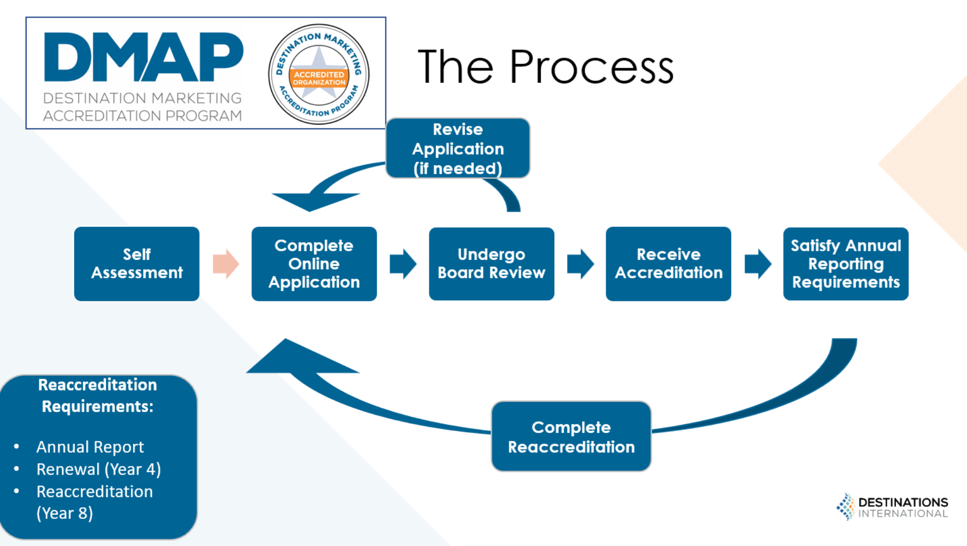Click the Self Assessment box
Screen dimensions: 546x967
click(136, 264)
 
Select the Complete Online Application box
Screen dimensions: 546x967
click(314, 264)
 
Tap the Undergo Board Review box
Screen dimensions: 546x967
click(491, 264)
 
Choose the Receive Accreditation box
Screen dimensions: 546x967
click(668, 264)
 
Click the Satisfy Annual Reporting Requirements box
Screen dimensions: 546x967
click(845, 264)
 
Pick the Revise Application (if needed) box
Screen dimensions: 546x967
click(457, 148)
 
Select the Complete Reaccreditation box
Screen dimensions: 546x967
click(571, 436)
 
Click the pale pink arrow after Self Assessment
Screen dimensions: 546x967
click(226, 264)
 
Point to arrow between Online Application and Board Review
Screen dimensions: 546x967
click(403, 264)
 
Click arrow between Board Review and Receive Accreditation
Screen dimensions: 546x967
click(580, 264)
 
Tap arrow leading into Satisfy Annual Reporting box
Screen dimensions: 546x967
click(757, 264)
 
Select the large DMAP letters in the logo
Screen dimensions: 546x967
click(143, 57)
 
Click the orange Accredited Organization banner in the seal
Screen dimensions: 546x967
click(319, 78)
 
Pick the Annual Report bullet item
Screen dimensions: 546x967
click(90, 447)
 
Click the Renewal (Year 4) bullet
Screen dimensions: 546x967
click(98, 469)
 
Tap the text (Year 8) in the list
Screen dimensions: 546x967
click(65, 513)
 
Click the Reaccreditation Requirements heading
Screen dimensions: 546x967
click(98, 395)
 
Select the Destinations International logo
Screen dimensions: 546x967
click(892, 507)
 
